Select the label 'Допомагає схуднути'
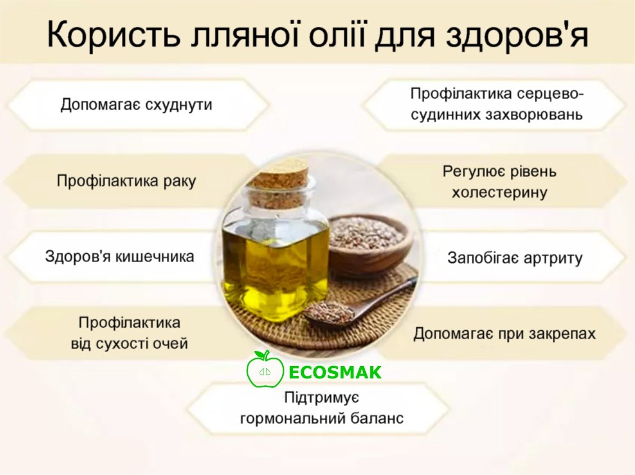click(x=137, y=104)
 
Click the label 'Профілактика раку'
click(x=126, y=180)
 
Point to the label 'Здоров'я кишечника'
click(x=120, y=256)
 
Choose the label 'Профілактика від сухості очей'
click(x=129, y=333)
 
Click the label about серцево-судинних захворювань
click(x=497, y=104)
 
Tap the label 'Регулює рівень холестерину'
click(x=500, y=182)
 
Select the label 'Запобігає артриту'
click(x=515, y=258)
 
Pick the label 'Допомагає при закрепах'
click(x=505, y=334)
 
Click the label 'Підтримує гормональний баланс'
click(x=322, y=408)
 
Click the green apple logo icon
click(x=265, y=369)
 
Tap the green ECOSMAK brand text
click(x=335, y=373)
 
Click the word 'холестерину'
click(x=500, y=192)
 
